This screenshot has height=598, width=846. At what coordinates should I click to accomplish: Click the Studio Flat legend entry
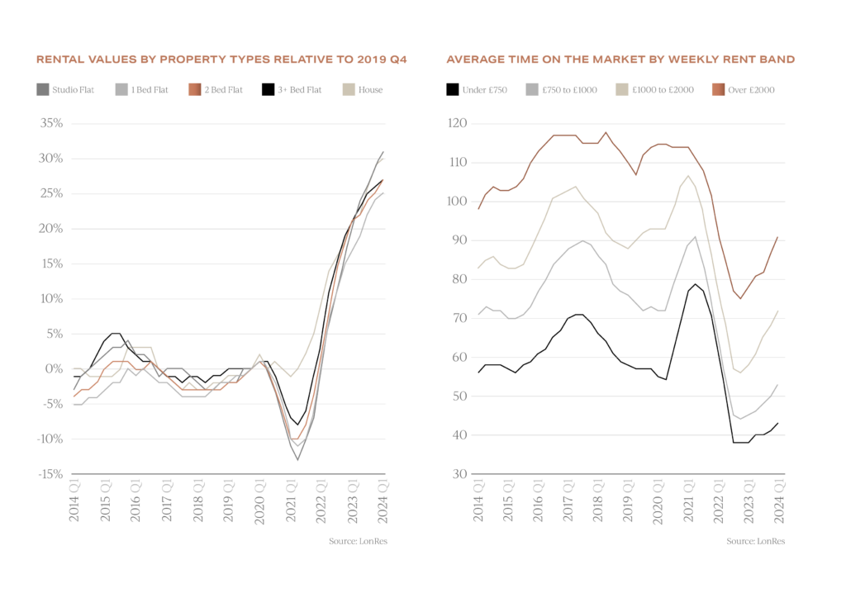click(65, 89)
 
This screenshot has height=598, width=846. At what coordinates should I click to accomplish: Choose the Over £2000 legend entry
click(743, 89)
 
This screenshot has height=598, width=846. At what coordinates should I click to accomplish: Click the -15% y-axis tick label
click(50, 474)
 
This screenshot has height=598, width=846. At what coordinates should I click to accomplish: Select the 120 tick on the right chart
click(459, 124)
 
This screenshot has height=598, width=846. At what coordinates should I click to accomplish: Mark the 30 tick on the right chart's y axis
click(461, 474)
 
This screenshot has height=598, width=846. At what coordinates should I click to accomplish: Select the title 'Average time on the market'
click(620, 60)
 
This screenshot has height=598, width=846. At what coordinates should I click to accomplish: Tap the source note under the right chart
click(756, 542)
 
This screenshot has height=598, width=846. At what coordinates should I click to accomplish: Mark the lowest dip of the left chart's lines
click(298, 458)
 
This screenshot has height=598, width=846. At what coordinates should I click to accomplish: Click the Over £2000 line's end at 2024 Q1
click(777, 237)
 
